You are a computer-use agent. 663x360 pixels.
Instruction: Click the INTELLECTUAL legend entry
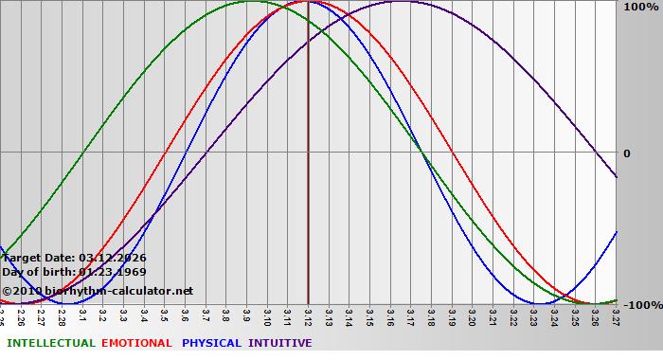pos(50,343)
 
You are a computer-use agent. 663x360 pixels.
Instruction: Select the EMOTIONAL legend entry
pos(136,343)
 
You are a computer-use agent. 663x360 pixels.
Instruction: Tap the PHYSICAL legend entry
pos(211,343)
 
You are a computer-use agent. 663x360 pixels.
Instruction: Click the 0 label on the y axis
pos(625,153)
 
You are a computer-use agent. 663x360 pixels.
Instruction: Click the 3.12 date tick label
pos(309,315)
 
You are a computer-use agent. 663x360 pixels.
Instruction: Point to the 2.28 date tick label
pos(63,315)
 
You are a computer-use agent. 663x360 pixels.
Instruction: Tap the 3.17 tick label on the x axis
pos(411,315)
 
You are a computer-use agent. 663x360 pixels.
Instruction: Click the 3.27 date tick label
pos(616,315)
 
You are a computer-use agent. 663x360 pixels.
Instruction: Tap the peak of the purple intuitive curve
pos(400,2)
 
